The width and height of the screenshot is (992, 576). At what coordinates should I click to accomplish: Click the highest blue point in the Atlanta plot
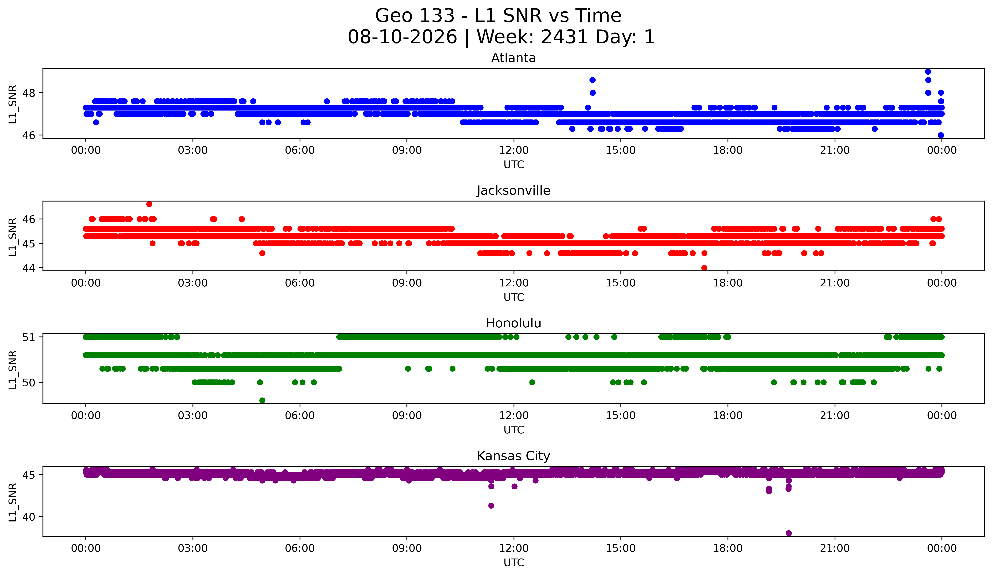(928, 72)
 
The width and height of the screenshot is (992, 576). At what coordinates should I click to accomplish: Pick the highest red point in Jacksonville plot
(149, 204)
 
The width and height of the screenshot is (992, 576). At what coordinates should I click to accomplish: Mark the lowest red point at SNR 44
(704, 268)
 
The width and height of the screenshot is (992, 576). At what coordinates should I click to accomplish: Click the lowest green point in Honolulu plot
(263, 400)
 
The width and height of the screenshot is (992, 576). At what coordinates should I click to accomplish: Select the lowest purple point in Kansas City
(788, 533)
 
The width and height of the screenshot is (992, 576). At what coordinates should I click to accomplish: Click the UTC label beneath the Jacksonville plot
(514, 297)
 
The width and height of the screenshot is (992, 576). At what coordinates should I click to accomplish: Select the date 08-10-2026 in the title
(402, 37)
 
